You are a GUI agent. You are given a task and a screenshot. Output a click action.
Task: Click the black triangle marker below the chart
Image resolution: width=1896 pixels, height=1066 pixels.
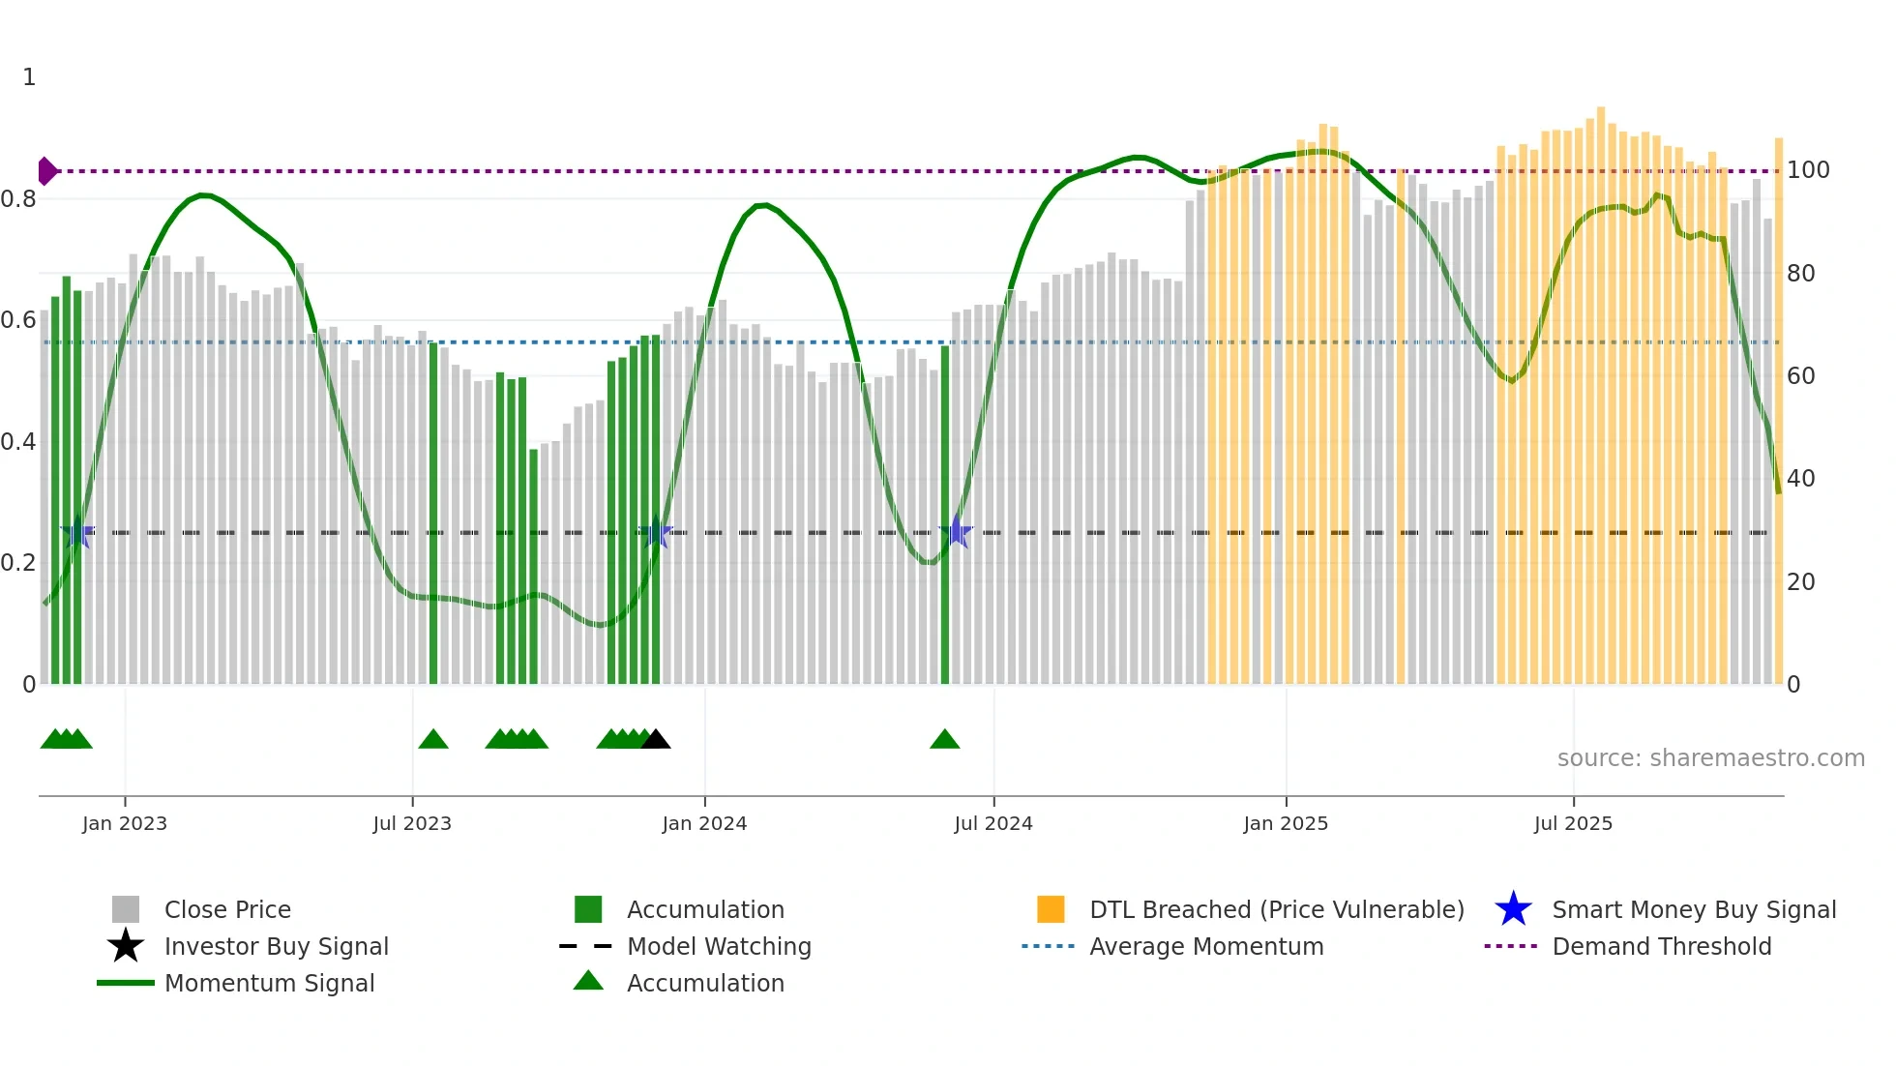click(x=656, y=740)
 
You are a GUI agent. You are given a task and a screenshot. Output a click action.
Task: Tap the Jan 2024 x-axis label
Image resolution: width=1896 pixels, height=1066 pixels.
click(x=704, y=823)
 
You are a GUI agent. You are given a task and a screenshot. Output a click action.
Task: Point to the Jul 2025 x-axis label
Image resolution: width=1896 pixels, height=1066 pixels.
click(x=1573, y=823)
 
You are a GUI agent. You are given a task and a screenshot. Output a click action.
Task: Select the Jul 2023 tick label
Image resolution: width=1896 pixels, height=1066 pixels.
click(x=412, y=823)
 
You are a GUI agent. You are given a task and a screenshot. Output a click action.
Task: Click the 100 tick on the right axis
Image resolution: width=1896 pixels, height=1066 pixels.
click(x=1808, y=170)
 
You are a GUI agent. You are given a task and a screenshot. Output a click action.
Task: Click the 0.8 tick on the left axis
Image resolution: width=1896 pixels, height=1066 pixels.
click(x=18, y=199)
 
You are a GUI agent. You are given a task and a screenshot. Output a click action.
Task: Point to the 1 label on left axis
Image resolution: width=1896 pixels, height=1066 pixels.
click(x=29, y=77)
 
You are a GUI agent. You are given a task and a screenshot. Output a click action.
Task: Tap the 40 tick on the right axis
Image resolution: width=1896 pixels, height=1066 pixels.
click(x=1800, y=478)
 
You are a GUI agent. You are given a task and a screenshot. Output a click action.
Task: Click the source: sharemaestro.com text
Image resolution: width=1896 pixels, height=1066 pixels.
click(x=1710, y=758)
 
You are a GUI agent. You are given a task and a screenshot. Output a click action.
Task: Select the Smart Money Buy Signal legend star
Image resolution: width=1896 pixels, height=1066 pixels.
click(x=1513, y=909)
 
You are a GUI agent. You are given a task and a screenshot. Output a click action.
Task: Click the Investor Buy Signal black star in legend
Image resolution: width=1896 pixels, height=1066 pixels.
click(x=126, y=946)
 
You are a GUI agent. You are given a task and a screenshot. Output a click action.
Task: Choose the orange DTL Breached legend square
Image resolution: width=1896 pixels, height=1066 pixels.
click(x=1051, y=909)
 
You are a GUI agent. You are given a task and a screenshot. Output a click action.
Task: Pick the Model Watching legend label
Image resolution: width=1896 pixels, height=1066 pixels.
click(x=719, y=946)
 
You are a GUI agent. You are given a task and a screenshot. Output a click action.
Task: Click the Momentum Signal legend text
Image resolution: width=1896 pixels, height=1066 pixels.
click(x=269, y=983)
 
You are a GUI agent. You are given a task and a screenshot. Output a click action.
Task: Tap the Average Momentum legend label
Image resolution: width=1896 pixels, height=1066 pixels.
click(x=1206, y=946)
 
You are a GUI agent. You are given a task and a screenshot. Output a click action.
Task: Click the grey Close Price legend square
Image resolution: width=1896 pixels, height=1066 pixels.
click(x=126, y=909)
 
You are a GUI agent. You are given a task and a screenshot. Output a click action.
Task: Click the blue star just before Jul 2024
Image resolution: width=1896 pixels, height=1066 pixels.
click(x=956, y=531)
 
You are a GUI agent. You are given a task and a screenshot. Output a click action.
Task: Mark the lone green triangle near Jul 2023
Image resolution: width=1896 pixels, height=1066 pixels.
click(x=433, y=740)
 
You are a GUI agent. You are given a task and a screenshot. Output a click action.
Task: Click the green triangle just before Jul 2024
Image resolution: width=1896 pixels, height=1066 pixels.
click(x=944, y=740)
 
